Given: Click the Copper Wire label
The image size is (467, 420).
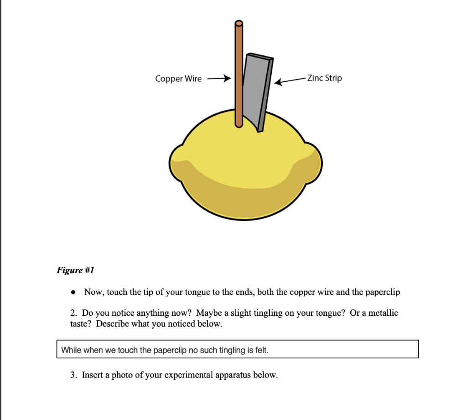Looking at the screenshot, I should pyautogui.click(x=178, y=79).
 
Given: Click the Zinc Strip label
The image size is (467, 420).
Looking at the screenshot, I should pyautogui.click(x=324, y=78).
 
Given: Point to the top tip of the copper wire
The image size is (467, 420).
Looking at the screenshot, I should pyautogui.click(x=239, y=24).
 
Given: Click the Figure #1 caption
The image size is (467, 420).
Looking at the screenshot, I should pyautogui.click(x=75, y=270).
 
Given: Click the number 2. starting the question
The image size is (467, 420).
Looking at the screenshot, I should pyautogui.click(x=73, y=314).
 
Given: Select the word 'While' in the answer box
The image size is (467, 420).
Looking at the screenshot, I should pyautogui.click(x=71, y=351).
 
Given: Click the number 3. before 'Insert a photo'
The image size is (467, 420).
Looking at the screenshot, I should pyautogui.click(x=73, y=375).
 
